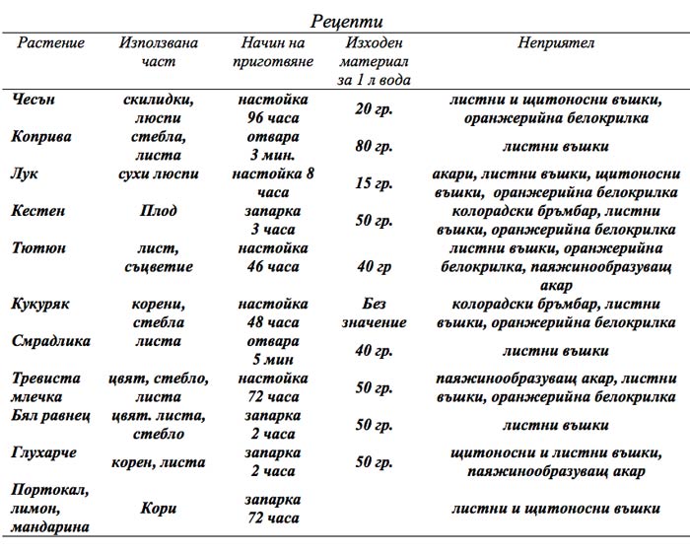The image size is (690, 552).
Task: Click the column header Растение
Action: [x=48, y=43]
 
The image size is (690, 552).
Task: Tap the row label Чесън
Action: [x=35, y=100]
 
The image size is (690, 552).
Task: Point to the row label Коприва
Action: [x=42, y=137]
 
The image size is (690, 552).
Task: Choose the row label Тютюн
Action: [x=38, y=247]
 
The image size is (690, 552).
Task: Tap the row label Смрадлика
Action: [x=52, y=341]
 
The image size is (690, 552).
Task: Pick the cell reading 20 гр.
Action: [x=374, y=109]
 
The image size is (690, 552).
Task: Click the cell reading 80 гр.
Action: [x=374, y=147]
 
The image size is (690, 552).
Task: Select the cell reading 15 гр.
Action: [x=374, y=183]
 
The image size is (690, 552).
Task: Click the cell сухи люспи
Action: [x=158, y=174]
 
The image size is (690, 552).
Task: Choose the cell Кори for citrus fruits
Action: [x=158, y=509]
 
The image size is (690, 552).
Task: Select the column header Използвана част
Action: [x=158, y=52]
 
